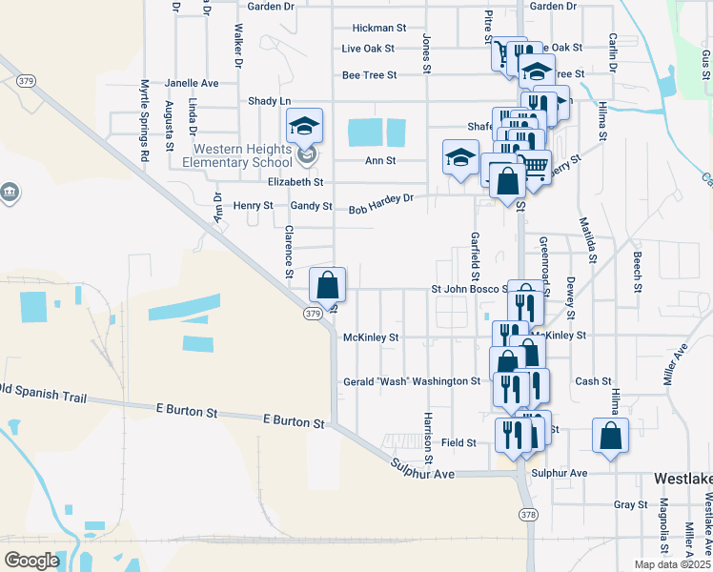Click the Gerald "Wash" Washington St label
(412, 381)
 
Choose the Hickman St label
(379, 28)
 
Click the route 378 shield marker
(528, 514)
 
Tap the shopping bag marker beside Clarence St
(328, 284)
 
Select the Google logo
(31, 561)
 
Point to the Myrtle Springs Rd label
(146, 119)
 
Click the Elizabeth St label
(295, 181)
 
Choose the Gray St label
(631, 504)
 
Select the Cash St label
(593, 381)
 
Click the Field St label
(458, 443)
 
